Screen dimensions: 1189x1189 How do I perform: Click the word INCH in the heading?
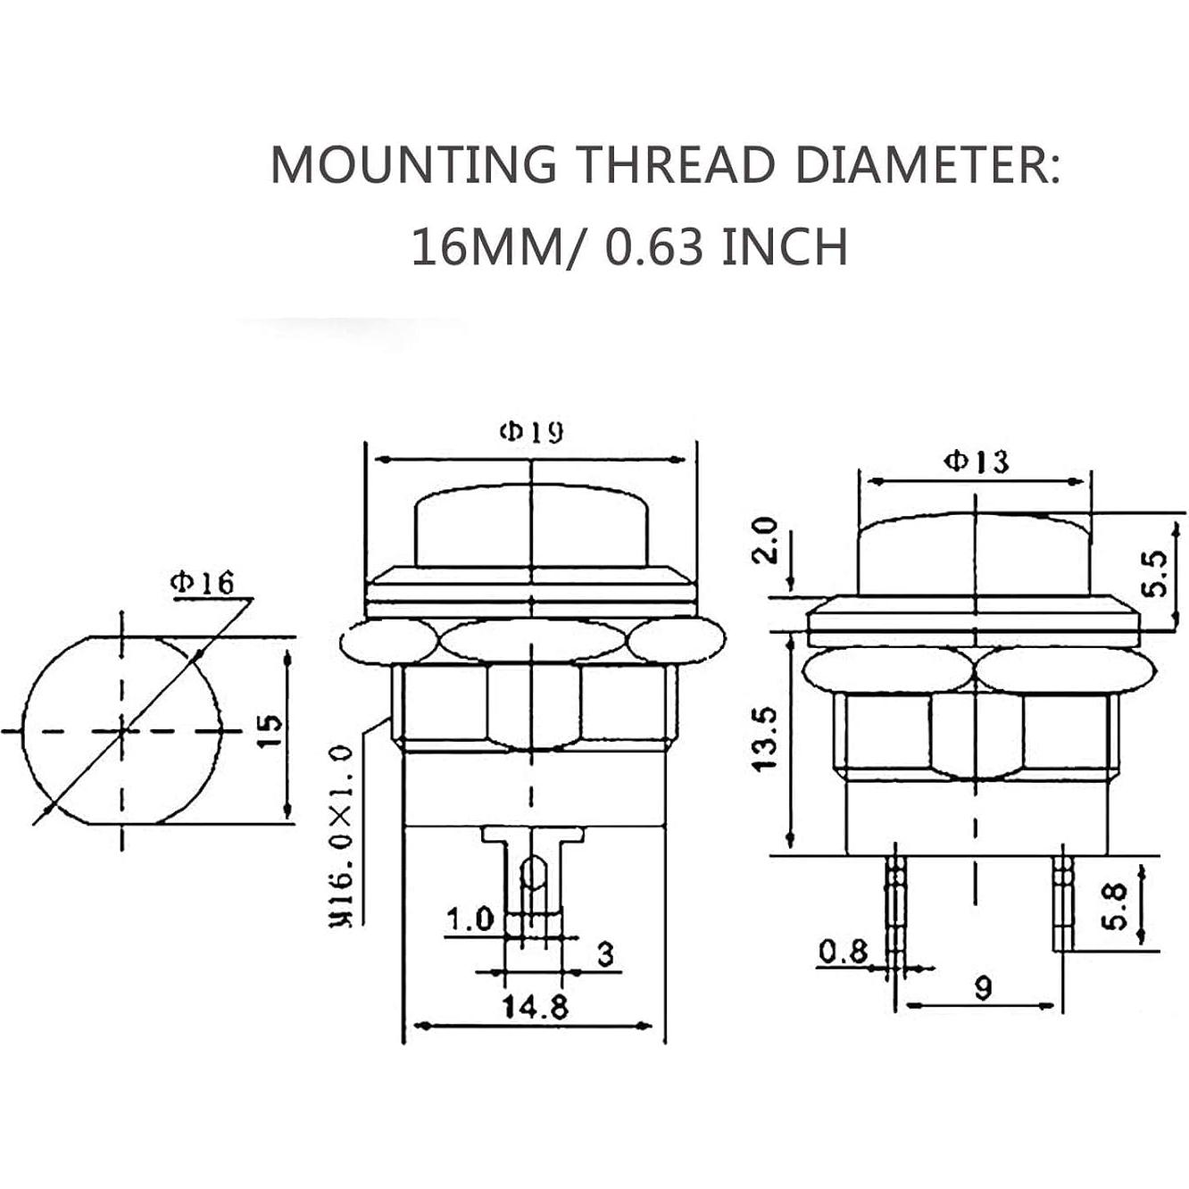coord(785,246)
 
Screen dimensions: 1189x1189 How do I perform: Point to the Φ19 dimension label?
coord(532,432)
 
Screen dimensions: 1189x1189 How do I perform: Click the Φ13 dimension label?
coord(977,461)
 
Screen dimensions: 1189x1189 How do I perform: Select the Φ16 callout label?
coord(203,583)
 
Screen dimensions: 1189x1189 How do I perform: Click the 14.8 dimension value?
coord(536,1008)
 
